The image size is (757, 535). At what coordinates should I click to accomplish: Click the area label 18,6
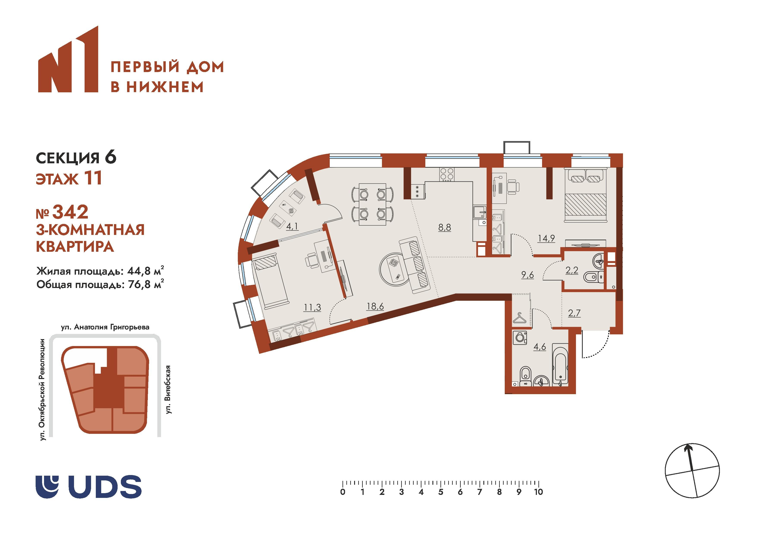[x=375, y=306]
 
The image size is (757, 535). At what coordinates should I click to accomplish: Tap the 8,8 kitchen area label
[x=445, y=227]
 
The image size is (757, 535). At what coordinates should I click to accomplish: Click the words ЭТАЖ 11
[x=69, y=179]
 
